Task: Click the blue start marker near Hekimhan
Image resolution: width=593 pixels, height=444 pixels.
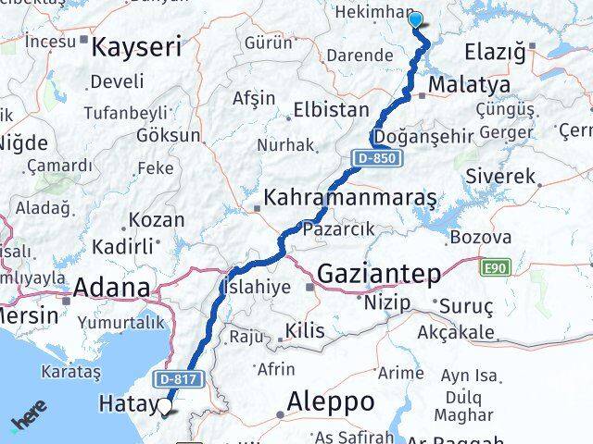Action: [x=414, y=18]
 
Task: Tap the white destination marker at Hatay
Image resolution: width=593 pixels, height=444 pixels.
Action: [x=165, y=404]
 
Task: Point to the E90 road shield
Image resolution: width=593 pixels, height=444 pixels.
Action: [x=496, y=268]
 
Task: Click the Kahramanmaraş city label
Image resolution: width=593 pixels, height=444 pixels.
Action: [x=350, y=199]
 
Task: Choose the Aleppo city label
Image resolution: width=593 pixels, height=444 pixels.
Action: [x=331, y=401]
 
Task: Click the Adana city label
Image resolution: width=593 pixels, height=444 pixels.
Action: [x=112, y=288]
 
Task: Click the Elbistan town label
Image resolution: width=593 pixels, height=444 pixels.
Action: [x=331, y=109]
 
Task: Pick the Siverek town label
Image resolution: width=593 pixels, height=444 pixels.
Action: [x=501, y=176]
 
